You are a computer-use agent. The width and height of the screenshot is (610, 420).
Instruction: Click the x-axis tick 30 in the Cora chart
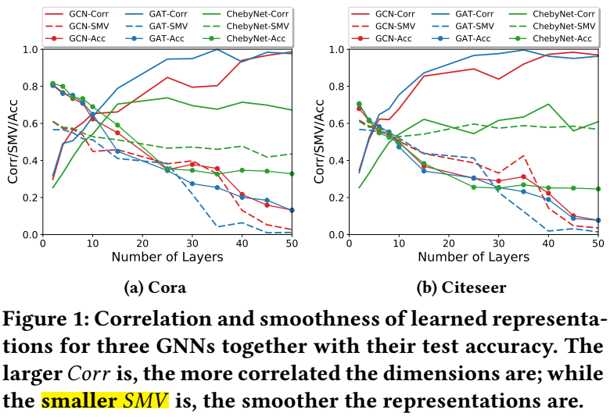pyautogui.click(x=192, y=244)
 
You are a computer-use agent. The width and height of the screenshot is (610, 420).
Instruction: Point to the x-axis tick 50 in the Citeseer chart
pyautogui.click(x=597, y=244)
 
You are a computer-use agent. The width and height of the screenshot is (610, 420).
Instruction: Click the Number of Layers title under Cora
pyautogui.click(x=167, y=257)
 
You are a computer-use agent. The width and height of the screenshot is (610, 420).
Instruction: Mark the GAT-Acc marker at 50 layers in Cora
pyautogui.click(x=290, y=210)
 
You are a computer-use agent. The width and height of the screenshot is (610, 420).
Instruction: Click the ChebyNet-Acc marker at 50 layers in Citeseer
pyautogui.click(x=597, y=189)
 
